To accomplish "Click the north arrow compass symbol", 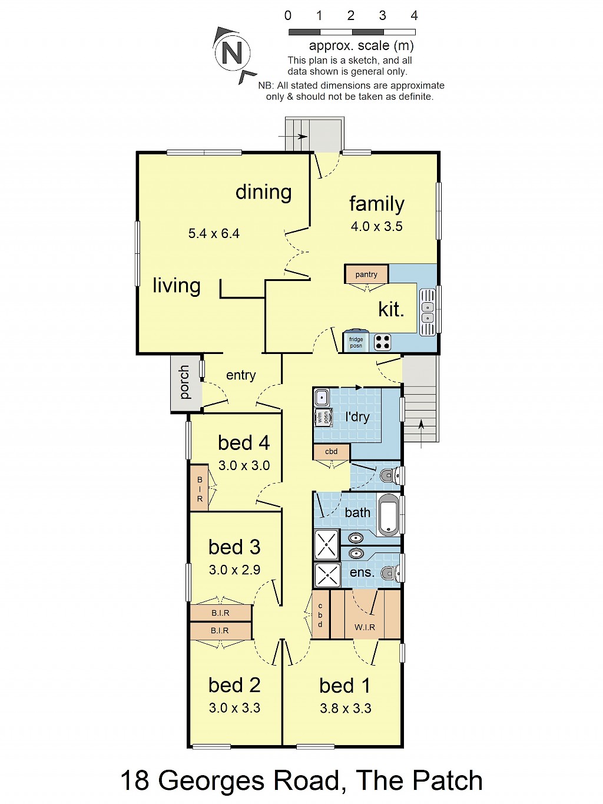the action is pos(233,54).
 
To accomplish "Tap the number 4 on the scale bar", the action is pos(414,15).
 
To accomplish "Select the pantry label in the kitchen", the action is pos(366,274).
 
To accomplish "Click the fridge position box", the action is pos(356,342).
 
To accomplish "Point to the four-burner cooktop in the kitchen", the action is pos(382,342).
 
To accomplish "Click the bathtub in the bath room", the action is pos(389,514).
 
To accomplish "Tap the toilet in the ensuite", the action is pos(390,573).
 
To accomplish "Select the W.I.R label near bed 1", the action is pos(365,627).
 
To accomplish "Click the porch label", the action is pos(184,382).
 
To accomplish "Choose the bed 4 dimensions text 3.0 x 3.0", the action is pos(244,465).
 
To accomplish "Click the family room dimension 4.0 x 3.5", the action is pos(377,226).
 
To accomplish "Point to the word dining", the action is pos(264,192).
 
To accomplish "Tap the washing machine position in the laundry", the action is pos(323,417).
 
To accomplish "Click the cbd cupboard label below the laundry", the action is pos(332,451).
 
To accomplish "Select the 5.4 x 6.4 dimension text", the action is pos(214,233).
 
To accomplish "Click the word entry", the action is pos(241,375).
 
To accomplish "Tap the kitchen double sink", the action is pos(428,312).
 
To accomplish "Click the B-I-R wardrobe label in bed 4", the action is pos(200,489).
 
